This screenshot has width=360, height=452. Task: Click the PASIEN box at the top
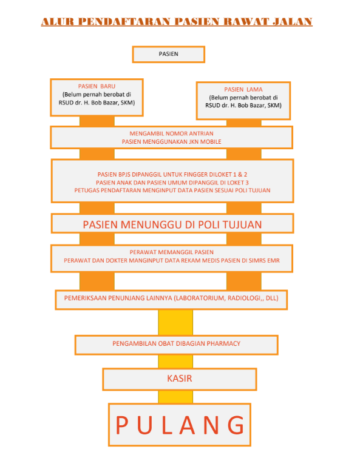click(168, 54)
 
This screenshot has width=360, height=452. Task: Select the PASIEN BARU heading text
click(96, 86)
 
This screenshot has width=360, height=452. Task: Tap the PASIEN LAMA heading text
click(243, 89)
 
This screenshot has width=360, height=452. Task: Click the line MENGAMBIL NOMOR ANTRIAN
click(172, 133)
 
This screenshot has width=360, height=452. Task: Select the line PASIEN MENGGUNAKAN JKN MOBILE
click(172, 141)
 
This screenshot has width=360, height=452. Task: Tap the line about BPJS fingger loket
click(172, 173)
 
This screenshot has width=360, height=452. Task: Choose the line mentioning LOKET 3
click(172, 181)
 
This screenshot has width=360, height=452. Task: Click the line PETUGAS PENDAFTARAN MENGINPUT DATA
click(172, 190)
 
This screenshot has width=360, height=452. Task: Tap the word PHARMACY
click(222, 343)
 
